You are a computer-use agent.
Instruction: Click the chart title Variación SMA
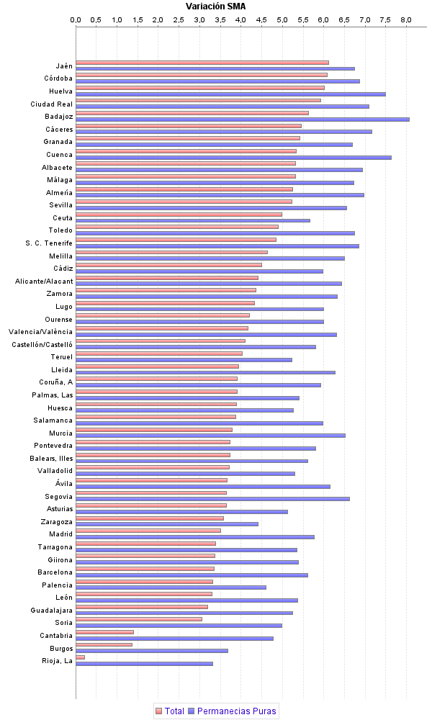(215, 6)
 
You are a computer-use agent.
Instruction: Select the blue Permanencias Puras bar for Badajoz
(242, 120)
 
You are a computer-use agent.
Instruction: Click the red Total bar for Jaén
(202, 63)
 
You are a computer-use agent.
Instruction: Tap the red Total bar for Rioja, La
(80, 657)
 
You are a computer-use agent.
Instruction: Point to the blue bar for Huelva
(230, 94)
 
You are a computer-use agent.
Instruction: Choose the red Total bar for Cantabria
(104, 632)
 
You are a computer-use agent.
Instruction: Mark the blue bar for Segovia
(212, 498)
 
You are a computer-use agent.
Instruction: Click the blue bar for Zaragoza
(166, 523)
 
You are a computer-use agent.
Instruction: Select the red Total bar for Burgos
(104, 644)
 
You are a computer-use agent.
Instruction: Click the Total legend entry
(169, 711)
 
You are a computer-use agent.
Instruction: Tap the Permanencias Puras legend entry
(232, 711)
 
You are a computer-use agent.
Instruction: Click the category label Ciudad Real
(51, 104)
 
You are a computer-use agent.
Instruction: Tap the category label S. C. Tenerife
(49, 243)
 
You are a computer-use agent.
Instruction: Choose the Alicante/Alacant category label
(44, 281)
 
